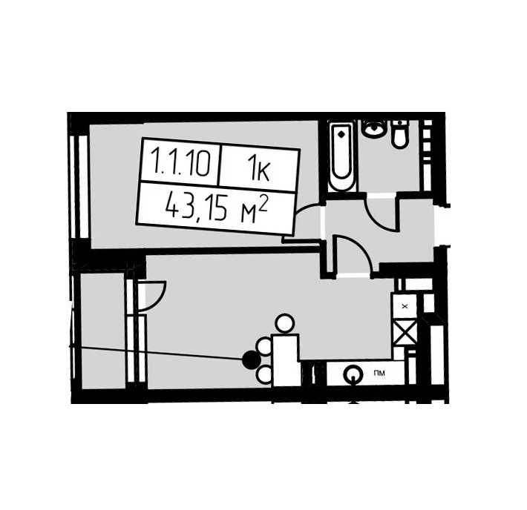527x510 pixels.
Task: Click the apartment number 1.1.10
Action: coord(182,163)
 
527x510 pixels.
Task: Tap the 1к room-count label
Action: coord(258,171)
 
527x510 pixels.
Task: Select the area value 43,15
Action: coord(197,208)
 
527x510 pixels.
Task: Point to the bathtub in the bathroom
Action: coord(341,156)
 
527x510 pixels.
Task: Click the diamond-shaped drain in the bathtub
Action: coord(342,135)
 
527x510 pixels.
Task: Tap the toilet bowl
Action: coord(400,133)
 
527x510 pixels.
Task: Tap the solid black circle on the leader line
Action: coord(252,360)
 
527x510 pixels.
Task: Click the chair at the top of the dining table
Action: coord(285,324)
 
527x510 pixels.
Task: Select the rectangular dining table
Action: coord(287,360)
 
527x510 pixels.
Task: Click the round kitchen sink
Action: coord(353,374)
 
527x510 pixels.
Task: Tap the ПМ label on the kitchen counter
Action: coord(380,373)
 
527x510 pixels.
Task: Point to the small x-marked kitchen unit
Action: coord(405,306)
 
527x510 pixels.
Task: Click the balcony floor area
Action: coord(103,331)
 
